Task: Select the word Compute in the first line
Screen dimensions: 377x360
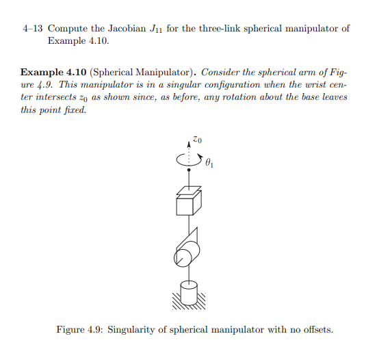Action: tap(68, 29)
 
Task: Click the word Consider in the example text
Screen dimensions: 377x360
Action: tap(222, 72)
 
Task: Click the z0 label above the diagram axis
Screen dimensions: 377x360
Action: tap(197, 140)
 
